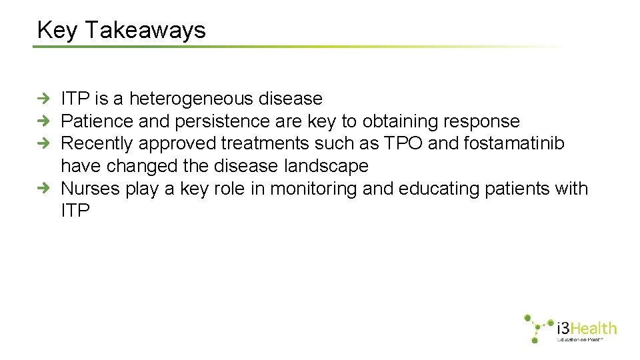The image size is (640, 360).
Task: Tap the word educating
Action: coord(441,189)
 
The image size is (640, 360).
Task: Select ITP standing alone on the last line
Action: coord(75,211)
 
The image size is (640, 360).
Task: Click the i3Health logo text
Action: coord(586,328)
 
